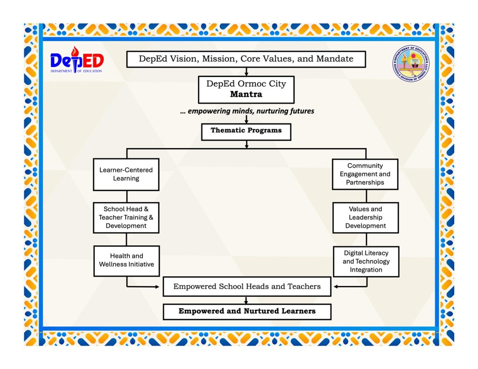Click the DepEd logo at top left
click(77, 60)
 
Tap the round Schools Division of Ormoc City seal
click(411, 63)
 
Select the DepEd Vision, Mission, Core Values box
click(246, 59)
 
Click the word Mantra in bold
click(246, 94)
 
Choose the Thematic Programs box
click(246, 131)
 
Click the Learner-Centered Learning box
click(126, 174)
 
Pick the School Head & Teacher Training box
click(126, 217)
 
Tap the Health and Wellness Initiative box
click(126, 260)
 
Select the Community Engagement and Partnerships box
click(365, 174)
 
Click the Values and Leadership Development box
click(366, 217)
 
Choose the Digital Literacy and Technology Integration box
click(366, 261)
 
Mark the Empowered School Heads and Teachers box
click(247, 286)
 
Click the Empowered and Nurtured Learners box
click(247, 311)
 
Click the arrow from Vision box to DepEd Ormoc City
click(246, 72)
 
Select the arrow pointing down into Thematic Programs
click(246, 120)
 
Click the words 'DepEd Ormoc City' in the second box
click(246, 84)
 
